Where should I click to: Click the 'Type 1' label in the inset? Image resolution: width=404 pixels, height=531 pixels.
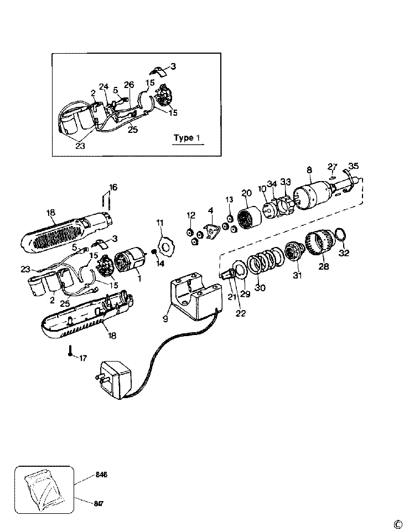[183, 137]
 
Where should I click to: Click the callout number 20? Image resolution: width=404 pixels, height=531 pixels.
[246, 193]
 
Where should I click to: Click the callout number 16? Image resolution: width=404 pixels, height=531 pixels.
[113, 188]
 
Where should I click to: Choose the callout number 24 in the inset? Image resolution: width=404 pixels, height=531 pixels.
[103, 86]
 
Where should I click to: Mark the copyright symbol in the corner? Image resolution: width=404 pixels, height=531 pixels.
[397, 524]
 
